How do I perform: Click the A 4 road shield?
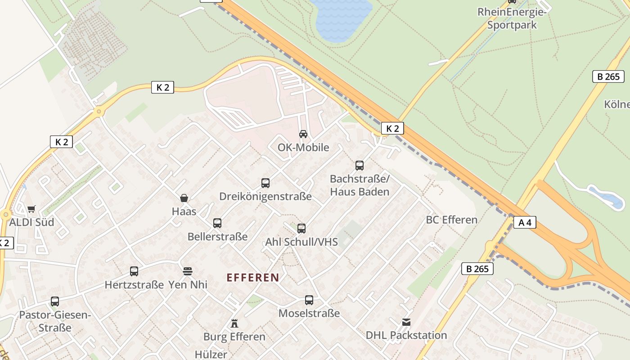pos(525,222)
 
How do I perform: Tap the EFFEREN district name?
pos(253,278)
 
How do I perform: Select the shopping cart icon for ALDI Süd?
pos(31,209)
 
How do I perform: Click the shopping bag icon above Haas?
pos(184,198)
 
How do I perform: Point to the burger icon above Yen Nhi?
pos(188,271)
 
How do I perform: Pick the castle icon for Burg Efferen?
pos(234,323)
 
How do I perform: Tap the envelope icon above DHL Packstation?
pos(406,322)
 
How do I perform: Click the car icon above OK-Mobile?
pos(303,134)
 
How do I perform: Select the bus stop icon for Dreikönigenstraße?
pos(265,183)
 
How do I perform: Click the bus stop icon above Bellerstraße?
pos(217,223)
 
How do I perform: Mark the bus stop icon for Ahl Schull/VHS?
pos(301,229)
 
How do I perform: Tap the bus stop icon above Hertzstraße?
pos(134,271)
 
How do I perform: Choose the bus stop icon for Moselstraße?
pos(309,300)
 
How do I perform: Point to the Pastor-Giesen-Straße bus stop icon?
pos(55,301)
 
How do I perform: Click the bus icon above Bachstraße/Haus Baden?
pos(360,166)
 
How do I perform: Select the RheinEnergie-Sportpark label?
pos(512,18)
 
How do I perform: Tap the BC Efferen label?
pos(451,220)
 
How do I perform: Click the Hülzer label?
pos(211,355)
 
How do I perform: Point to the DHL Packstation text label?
pos(406,335)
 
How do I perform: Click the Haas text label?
pos(184,211)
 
